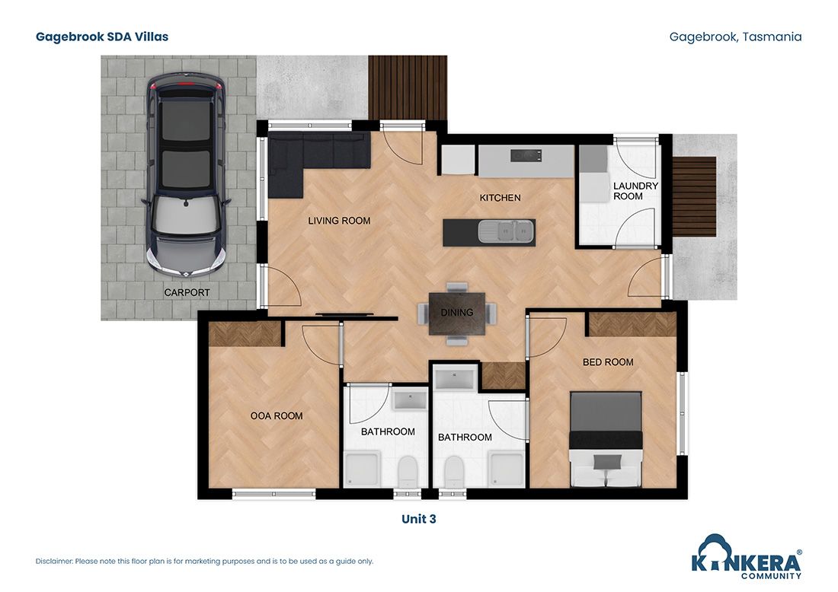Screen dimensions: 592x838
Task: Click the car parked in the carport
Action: [186, 175]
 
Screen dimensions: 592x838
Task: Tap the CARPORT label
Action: [187, 292]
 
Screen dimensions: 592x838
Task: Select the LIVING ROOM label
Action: [339, 221]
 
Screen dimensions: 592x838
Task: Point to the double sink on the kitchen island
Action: [501, 231]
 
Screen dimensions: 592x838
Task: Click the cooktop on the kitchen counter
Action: [526, 157]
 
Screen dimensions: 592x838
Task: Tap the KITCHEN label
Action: [500, 198]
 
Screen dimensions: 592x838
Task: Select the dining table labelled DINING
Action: [456, 313]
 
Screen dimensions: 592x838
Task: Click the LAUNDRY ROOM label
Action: [635, 191]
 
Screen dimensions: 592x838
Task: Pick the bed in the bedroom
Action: [606, 439]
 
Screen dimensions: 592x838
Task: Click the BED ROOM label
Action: [608, 362]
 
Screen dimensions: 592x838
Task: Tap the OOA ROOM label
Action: [277, 415]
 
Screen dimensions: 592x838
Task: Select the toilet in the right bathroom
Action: [453, 469]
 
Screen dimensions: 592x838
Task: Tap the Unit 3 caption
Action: [418, 519]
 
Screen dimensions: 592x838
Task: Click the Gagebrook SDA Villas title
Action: [102, 37]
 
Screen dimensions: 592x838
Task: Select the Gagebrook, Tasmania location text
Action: [735, 37]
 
